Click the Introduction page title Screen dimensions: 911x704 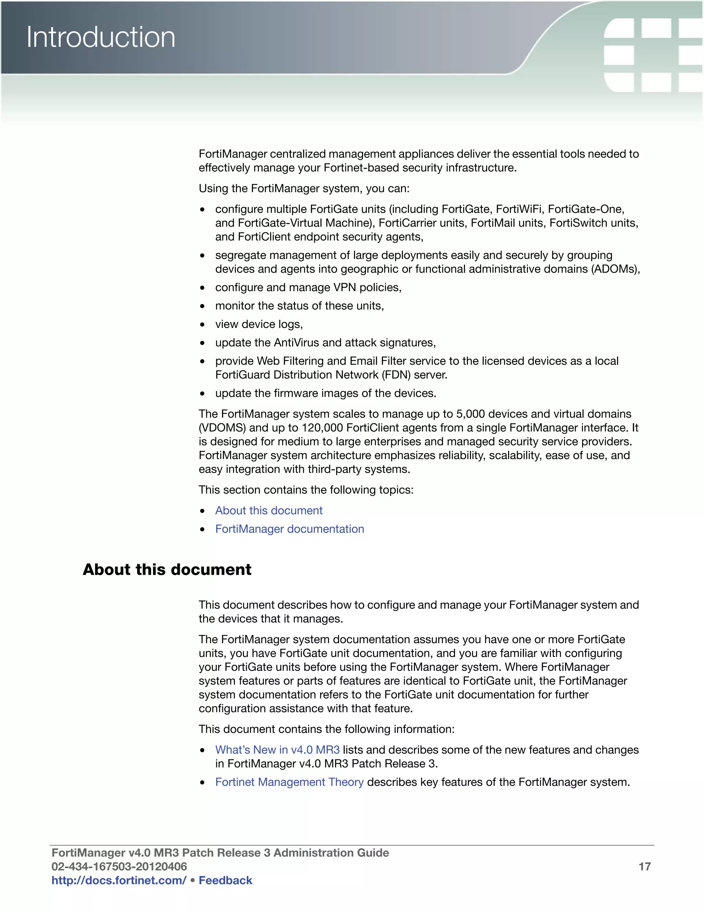[101, 37]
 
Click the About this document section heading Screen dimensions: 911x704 [167, 569]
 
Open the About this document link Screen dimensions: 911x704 [268, 511]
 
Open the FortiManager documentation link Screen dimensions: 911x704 [289, 529]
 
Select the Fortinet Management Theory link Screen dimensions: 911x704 [289, 782]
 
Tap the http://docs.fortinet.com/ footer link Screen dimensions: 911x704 [119, 880]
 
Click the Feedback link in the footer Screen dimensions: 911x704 [225, 880]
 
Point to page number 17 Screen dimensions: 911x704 [645, 866]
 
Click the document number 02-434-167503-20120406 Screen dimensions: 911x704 [119, 866]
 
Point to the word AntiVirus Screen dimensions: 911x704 [296, 342]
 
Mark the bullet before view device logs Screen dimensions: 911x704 [202, 325]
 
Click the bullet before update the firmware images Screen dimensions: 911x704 [202, 393]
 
